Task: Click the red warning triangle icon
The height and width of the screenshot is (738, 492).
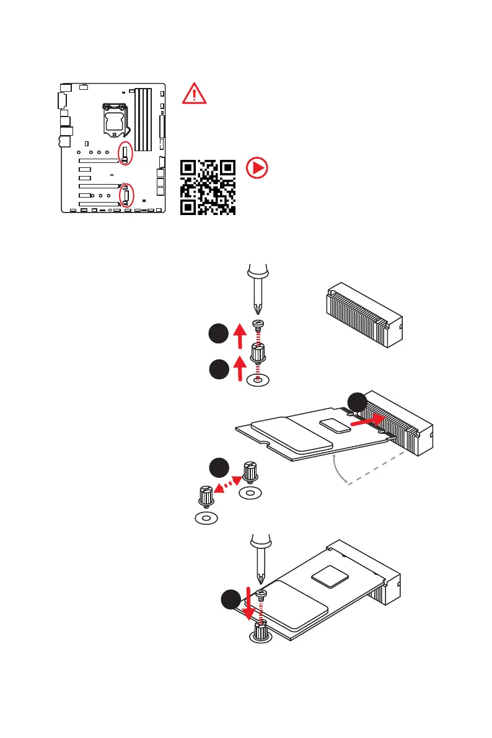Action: [x=194, y=94]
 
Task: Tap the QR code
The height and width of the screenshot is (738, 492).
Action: [x=208, y=187]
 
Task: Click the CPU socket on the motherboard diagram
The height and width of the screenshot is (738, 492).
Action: [x=115, y=118]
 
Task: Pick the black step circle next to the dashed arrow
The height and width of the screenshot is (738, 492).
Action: [x=217, y=467]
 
